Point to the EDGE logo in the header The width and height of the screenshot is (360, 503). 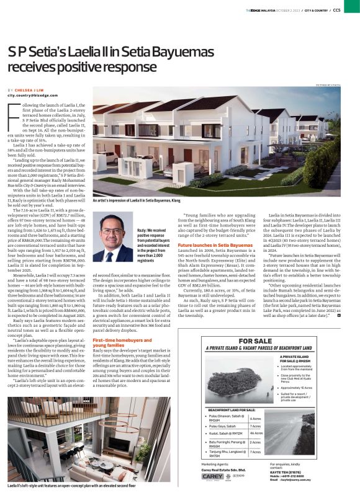point(250,10)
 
